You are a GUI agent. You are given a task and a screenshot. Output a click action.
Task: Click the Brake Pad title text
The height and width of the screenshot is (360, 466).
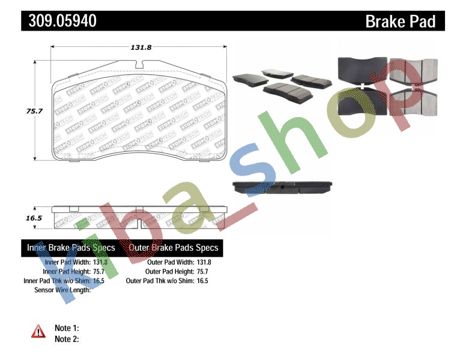click(x=401, y=22)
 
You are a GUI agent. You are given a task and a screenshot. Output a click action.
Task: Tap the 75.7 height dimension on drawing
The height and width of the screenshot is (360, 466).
click(x=37, y=111)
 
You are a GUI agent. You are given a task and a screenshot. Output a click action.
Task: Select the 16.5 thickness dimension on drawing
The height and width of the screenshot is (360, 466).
click(x=34, y=218)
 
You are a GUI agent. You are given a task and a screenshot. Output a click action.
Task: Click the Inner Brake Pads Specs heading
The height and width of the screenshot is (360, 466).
click(x=71, y=248)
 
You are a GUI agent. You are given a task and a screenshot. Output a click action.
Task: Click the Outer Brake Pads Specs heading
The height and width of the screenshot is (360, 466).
click(x=174, y=248)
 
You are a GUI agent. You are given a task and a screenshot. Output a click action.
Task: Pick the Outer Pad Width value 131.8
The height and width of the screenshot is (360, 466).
click(x=204, y=262)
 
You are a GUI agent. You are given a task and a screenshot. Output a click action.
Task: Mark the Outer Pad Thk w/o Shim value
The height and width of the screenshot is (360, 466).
click(x=203, y=281)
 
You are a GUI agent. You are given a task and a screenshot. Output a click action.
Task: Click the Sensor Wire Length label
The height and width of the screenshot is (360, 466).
click(x=62, y=290)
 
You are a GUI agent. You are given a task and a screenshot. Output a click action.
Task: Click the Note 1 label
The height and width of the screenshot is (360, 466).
click(x=67, y=328)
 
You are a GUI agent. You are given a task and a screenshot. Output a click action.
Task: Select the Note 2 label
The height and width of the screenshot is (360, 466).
click(x=67, y=339)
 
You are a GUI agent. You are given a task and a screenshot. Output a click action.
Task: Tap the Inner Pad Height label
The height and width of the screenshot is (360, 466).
click(x=67, y=271)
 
